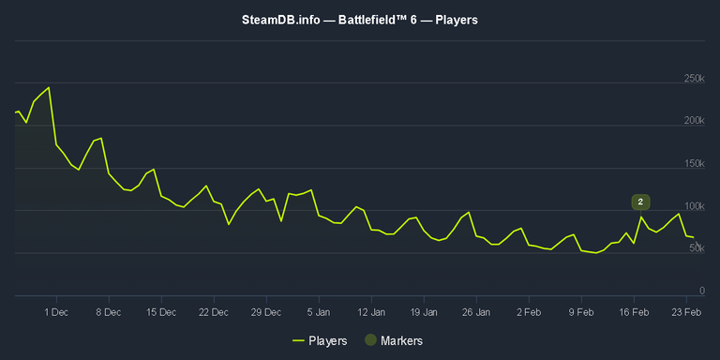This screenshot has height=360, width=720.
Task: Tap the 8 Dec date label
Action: click(108, 310)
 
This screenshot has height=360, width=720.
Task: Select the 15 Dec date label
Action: click(161, 310)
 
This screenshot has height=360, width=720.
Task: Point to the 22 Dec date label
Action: click(214, 310)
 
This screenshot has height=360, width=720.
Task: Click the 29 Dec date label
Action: click(267, 310)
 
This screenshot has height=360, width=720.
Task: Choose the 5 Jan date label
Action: click(320, 310)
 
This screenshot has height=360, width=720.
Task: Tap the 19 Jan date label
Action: click(425, 310)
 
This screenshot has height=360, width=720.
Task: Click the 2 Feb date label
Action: click(530, 310)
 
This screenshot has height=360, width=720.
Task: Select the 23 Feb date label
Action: click(688, 310)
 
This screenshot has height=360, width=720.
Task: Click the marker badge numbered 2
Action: click(640, 202)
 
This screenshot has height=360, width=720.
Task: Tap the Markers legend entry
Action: click(394, 340)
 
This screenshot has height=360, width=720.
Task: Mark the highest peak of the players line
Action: click(49, 87)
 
